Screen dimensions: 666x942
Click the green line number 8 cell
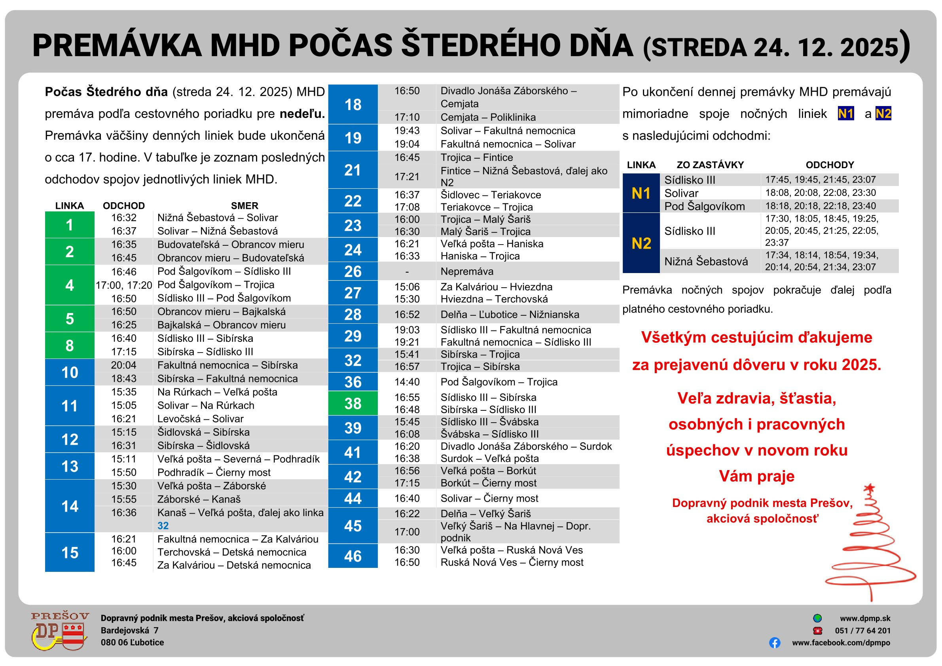click(x=69, y=345)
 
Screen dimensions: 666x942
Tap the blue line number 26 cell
click(x=353, y=271)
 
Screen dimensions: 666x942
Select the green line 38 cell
click(x=353, y=403)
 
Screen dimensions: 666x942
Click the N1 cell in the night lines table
click(x=641, y=193)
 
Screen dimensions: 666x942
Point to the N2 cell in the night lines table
click(x=641, y=243)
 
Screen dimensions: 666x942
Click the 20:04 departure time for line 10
click(x=123, y=365)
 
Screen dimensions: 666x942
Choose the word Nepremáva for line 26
click(x=467, y=271)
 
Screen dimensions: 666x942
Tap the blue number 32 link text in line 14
click(x=163, y=526)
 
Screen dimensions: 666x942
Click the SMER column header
click(x=245, y=206)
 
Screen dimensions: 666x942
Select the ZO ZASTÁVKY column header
click(x=710, y=165)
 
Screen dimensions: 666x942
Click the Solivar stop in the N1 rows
click(x=681, y=193)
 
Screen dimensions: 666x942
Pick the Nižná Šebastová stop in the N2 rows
click(x=706, y=262)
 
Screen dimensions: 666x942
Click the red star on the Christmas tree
click(x=869, y=488)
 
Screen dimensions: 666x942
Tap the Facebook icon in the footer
click(x=775, y=643)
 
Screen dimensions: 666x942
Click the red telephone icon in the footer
click(x=818, y=631)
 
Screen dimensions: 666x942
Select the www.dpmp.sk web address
click(x=865, y=619)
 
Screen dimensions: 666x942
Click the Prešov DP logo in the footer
click(x=60, y=631)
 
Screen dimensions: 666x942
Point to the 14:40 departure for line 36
click(x=407, y=382)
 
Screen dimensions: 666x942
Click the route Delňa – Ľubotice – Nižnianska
click(x=510, y=315)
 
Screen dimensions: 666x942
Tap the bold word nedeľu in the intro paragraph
click(x=302, y=114)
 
